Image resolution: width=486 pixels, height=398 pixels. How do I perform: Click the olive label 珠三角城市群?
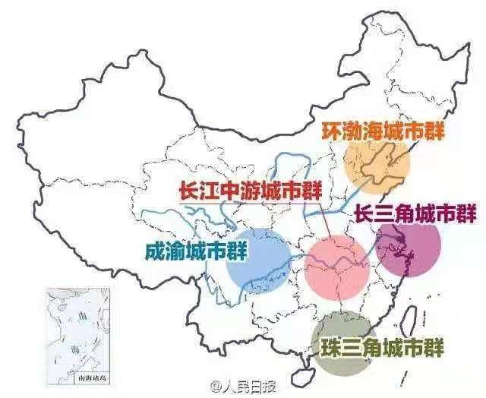tap(382, 348)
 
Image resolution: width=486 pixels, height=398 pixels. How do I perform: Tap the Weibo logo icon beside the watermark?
tap(216, 385)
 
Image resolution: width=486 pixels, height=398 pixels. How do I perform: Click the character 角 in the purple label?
tap(415, 213)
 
